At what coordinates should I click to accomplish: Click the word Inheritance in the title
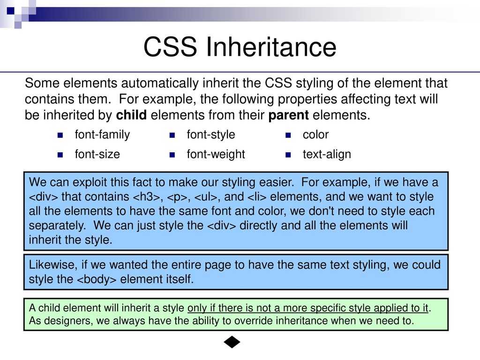click(271, 47)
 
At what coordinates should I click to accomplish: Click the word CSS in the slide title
click(170, 47)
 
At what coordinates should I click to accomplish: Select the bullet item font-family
click(102, 135)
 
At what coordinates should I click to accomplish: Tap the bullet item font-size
click(97, 154)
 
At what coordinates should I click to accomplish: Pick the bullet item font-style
click(211, 135)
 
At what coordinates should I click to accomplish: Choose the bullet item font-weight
click(216, 154)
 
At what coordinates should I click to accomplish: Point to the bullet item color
click(315, 135)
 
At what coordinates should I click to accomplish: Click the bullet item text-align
click(327, 154)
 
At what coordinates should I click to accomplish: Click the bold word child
click(131, 115)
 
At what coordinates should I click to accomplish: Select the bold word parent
click(288, 115)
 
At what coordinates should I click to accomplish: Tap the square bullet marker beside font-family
click(60, 135)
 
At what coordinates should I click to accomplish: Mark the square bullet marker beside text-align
click(288, 155)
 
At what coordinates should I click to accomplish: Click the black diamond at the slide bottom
click(232, 342)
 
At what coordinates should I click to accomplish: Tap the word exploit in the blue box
click(90, 183)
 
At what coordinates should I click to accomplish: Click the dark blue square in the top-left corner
click(11, 11)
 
